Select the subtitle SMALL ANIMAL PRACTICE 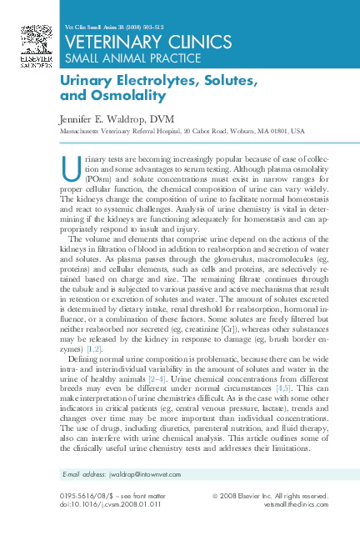tap(117, 57)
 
